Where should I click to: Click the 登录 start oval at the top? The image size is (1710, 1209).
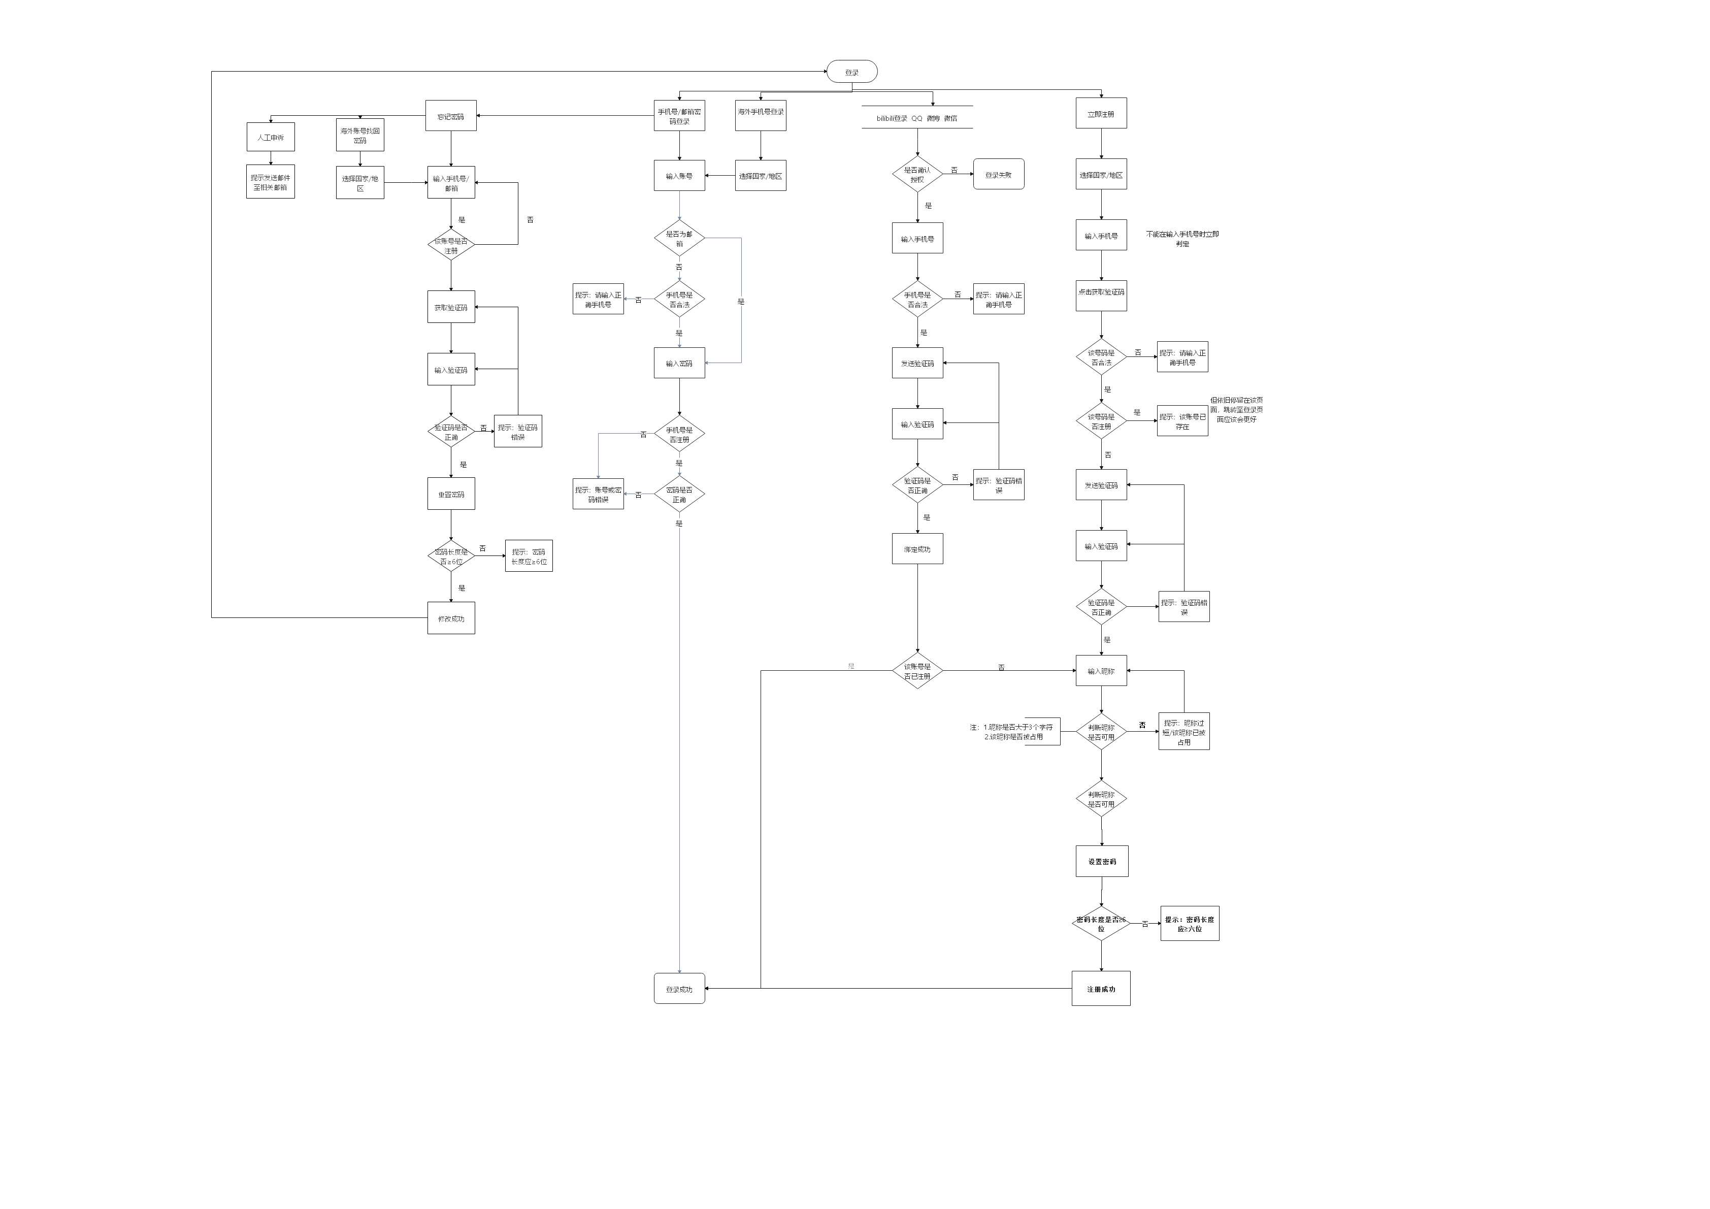tap(851, 72)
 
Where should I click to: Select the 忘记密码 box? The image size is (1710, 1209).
tap(450, 116)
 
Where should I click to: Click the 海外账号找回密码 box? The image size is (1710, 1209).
tap(360, 136)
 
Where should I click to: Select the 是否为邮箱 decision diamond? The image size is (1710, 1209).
tap(679, 238)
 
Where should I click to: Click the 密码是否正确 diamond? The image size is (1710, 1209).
tap(679, 494)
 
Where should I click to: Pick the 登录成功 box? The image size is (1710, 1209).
tap(679, 989)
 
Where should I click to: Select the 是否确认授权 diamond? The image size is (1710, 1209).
tap(917, 174)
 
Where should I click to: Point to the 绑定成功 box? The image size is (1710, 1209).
tap(917, 549)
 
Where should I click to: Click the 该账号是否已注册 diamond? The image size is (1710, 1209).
tap(917, 671)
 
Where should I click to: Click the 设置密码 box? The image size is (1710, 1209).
tap(1102, 862)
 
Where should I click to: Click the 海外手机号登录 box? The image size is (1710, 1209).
tap(761, 115)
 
